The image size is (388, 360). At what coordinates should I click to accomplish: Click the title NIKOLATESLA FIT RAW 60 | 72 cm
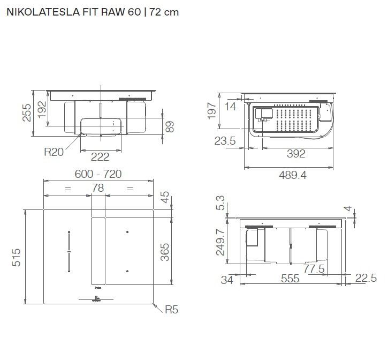coord(93,12)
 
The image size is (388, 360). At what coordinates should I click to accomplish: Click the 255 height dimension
coord(27,112)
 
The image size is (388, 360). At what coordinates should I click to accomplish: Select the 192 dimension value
coord(42,109)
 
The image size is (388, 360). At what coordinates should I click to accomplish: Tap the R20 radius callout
coord(54,152)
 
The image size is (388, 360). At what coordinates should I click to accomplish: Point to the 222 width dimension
coord(100,157)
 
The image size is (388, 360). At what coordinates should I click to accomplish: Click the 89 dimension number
coord(170,126)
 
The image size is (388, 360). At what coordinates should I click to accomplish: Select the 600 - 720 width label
coord(98,174)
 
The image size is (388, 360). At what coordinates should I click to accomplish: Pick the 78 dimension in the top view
coord(98,188)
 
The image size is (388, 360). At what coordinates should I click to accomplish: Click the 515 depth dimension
coord(16,258)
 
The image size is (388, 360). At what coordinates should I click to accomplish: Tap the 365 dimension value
coord(164,252)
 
